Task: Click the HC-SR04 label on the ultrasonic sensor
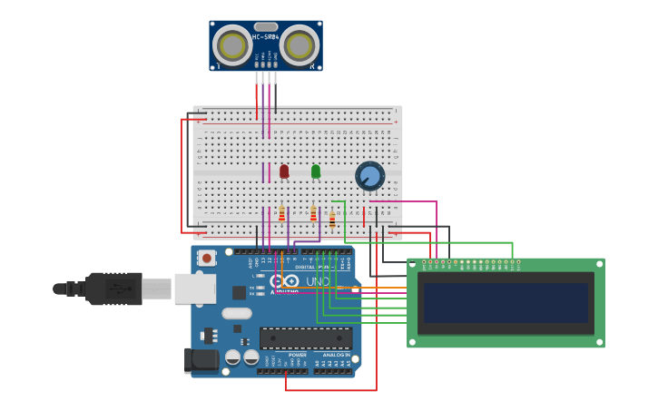(265, 37)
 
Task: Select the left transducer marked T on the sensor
(232, 45)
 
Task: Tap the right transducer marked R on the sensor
(299, 45)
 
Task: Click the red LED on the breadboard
(284, 171)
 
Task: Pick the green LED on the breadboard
(316, 171)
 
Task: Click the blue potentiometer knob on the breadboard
(369, 176)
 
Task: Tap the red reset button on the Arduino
(207, 258)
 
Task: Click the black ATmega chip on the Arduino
(305, 338)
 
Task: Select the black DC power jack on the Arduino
(202, 360)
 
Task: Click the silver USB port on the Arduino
(195, 289)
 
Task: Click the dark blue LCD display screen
(506, 302)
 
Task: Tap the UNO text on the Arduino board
(317, 282)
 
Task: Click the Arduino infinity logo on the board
(284, 282)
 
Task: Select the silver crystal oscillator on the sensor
(265, 26)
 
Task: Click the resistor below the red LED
(281, 214)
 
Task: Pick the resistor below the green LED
(313, 214)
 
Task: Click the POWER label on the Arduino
(272, 355)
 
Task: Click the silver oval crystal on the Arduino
(236, 314)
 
